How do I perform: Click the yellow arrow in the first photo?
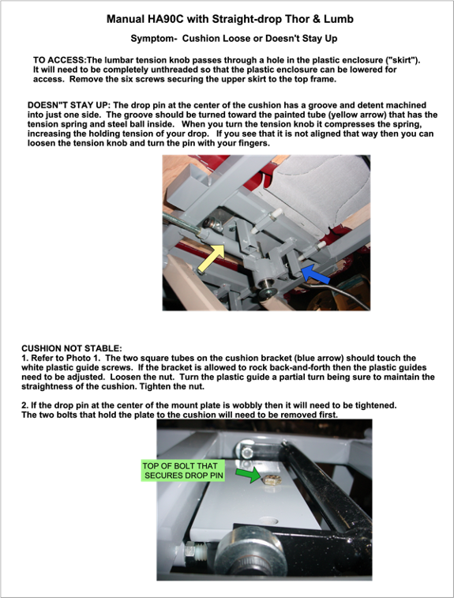(x=212, y=258)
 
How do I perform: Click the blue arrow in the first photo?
(x=314, y=274)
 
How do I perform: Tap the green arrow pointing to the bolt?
(x=248, y=474)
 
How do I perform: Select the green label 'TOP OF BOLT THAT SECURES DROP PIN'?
(x=182, y=471)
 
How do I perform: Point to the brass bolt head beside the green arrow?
(x=272, y=480)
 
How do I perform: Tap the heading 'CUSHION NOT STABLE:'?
(x=72, y=348)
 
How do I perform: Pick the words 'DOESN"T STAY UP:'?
(x=69, y=105)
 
